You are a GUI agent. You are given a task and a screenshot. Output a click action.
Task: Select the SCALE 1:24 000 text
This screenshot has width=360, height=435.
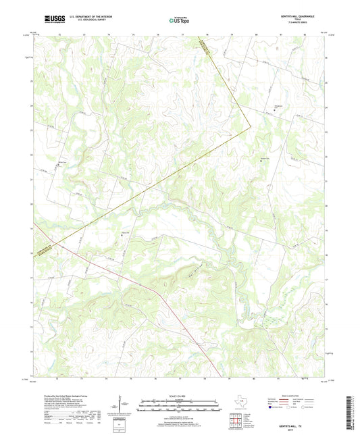tap(179, 396)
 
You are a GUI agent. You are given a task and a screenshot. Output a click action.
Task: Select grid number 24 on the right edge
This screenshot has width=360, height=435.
tap(326, 107)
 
